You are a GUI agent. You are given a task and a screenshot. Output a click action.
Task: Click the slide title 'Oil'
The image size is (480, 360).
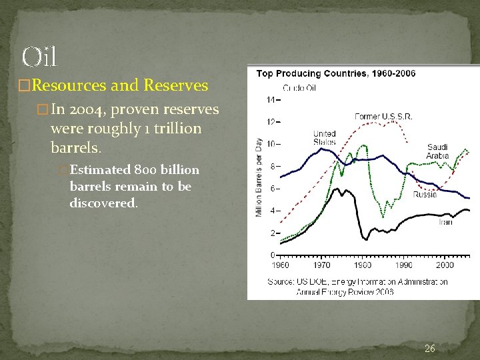39,57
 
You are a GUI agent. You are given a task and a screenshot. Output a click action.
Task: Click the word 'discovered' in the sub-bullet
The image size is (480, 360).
103,203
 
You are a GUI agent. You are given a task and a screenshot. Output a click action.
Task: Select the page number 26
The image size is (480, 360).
430,348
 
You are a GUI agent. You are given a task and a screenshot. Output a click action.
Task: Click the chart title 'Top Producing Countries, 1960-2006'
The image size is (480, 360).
336,73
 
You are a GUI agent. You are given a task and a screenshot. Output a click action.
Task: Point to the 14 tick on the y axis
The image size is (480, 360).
271,100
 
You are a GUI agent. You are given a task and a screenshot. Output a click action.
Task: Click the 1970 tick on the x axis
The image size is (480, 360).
322,265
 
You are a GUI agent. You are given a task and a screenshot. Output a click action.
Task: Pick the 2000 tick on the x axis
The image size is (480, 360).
445,265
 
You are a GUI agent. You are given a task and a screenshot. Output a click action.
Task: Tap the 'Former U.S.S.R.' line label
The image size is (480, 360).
383,117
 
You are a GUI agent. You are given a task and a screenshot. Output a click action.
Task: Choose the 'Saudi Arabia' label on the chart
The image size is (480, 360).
438,151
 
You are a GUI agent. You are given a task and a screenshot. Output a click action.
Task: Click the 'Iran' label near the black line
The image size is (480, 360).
445,222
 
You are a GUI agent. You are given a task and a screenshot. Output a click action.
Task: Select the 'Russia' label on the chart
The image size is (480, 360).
425,195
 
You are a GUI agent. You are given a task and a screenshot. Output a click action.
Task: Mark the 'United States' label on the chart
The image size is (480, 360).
325,138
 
